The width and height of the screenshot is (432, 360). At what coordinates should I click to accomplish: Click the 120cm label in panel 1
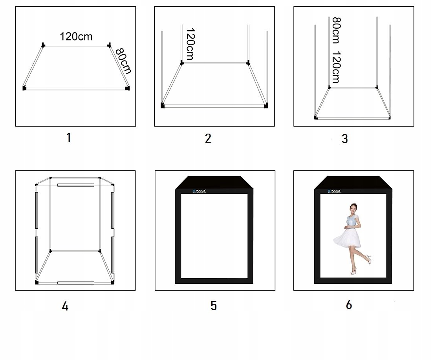76,37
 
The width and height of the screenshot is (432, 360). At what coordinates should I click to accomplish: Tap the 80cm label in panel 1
123,61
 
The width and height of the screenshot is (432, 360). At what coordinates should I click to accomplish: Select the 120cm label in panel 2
190,44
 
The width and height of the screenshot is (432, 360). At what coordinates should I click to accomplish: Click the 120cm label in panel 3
336,67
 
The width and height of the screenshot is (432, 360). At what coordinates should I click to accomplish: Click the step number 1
69,138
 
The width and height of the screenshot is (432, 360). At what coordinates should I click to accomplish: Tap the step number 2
208,138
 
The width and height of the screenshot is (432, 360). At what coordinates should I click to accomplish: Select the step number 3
344,139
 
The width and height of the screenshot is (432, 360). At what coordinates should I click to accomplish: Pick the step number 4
65,306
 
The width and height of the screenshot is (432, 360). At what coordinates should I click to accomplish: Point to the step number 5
214,306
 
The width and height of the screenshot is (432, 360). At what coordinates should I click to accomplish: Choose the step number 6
349,305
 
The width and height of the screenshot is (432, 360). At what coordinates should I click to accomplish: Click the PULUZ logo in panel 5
199,190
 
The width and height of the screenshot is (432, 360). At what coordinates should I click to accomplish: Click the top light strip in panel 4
76,185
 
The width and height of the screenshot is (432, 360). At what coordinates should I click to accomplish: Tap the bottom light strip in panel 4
76,283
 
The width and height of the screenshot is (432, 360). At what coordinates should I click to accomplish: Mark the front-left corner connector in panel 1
25,88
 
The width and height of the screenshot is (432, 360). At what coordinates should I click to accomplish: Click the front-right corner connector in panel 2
266,105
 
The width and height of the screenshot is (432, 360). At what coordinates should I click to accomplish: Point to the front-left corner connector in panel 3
316,117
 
